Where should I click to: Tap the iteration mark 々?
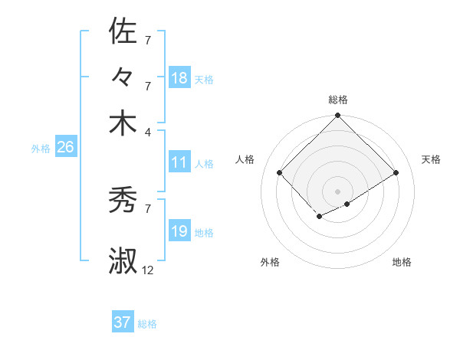pos(123,77)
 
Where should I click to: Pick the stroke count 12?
pos(148,270)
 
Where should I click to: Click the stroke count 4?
pos(148,131)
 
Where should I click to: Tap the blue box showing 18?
pos(179,78)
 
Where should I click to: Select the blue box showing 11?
pos(179,162)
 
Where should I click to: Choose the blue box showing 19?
pos(179,231)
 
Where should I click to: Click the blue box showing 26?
pos(65,148)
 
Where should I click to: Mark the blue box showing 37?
pos(122,322)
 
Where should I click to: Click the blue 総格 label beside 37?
pos(147,324)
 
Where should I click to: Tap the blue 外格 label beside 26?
pos(41,149)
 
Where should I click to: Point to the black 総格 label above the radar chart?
pos(338,100)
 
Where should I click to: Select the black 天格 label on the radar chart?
pos(432,159)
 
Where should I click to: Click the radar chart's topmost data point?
pos(337,116)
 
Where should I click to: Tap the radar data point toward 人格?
pos(280,172)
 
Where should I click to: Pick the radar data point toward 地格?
pos(347,203)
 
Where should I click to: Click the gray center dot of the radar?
pos(337,190)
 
